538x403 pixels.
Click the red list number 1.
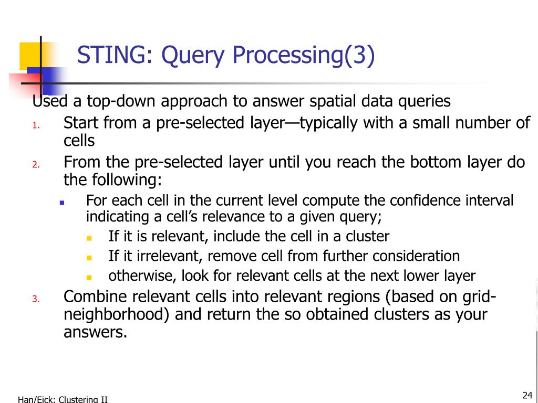point(36,126)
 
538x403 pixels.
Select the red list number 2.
point(36,165)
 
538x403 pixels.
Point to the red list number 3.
point(36,299)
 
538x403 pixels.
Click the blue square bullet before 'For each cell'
point(62,203)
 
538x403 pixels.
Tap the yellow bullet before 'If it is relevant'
point(89,238)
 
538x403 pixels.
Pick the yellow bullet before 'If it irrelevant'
point(89,258)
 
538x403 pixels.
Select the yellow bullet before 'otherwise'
point(89,278)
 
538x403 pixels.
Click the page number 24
point(527,395)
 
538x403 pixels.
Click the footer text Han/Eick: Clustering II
point(63,399)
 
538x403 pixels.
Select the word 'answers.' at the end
point(96,332)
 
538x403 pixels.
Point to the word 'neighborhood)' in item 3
point(116,314)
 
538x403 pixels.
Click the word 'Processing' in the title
point(288,56)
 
